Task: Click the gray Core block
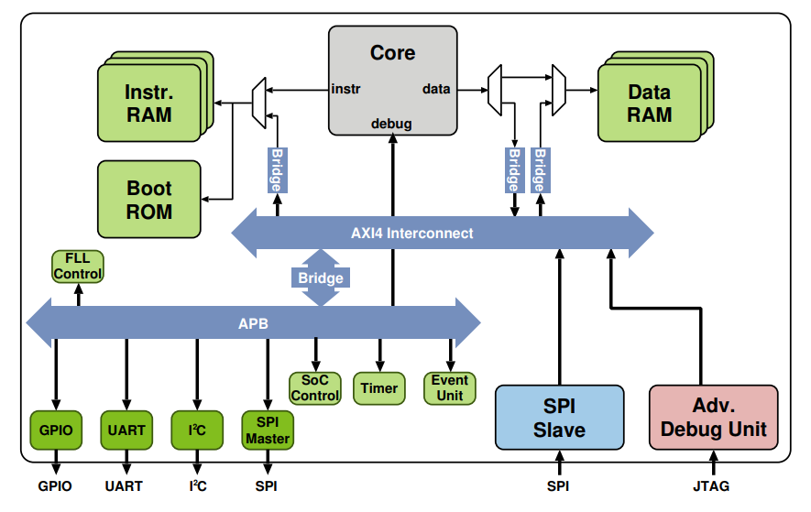click(x=392, y=78)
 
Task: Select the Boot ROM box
click(x=148, y=200)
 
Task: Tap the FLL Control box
click(x=78, y=267)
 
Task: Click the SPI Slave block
click(x=559, y=418)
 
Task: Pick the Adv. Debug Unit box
click(x=713, y=418)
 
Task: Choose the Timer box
click(x=378, y=388)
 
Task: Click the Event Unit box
click(x=450, y=388)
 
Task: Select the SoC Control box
click(x=315, y=388)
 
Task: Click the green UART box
click(x=126, y=430)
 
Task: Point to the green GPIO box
click(x=56, y=430)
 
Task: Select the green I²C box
click(x=197, y=430)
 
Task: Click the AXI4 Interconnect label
click(x=412, y=234)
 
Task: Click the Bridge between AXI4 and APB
click(x=321, y=278)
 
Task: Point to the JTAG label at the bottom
click(x=712, y=485)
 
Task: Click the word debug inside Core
click(x=391, y=124)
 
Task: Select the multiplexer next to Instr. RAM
click(x=259, y=101)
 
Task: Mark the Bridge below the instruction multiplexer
click(x=276, y=170)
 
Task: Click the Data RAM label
click(x=649, y=103)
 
